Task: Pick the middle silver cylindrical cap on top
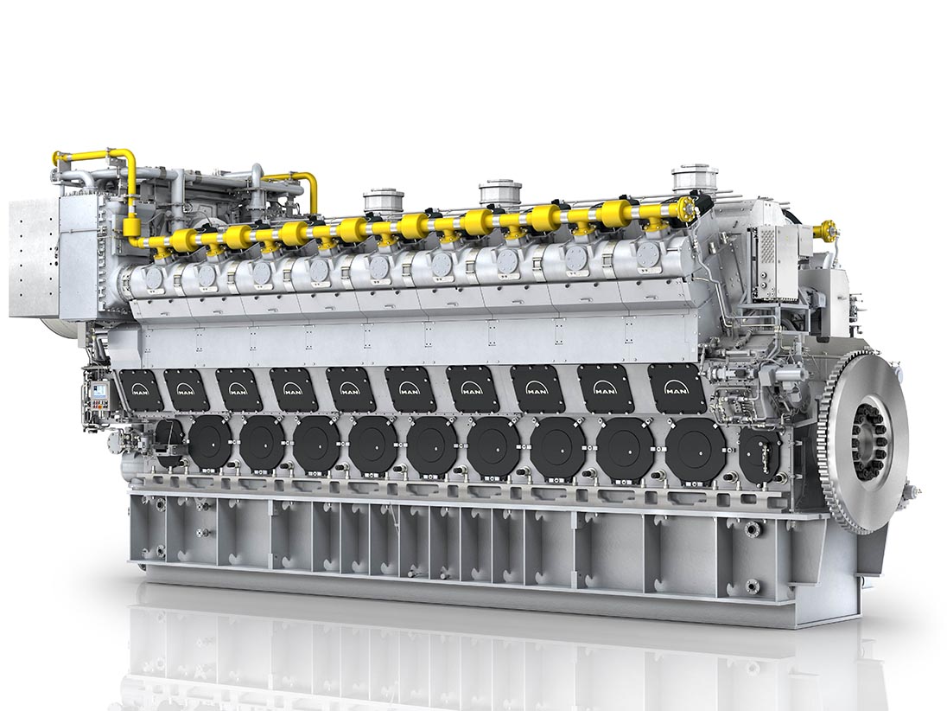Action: coord(500,191)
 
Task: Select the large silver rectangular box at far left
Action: coord(35,258)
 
